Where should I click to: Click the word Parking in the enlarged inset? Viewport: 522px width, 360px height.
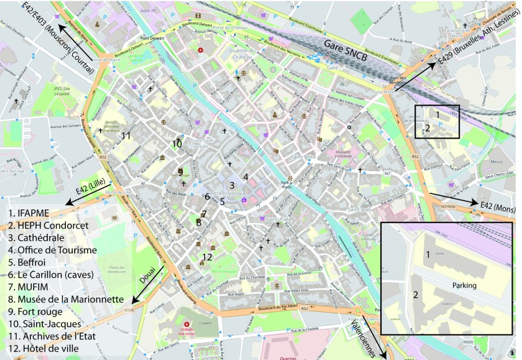pos(460,285)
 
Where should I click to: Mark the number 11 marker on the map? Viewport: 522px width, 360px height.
pos(126,136)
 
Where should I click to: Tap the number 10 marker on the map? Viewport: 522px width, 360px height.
pos(177,144)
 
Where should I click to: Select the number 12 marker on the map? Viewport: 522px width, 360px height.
pos(207,256)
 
